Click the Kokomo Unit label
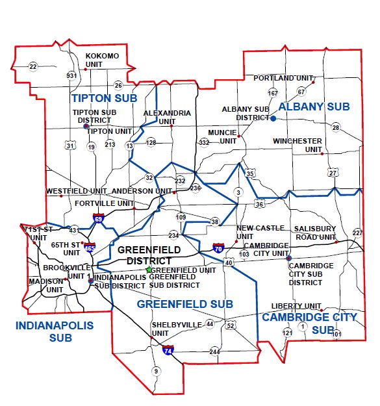pos(103,60)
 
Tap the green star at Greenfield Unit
pos(149,270)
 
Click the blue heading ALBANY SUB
pos(314,106)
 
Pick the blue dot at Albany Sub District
pos(273,118)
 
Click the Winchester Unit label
pos(297,145)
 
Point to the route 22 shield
pos(33,66)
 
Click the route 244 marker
pos(215,351)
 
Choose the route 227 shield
pos(357,233)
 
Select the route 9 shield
pos(155,371)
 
